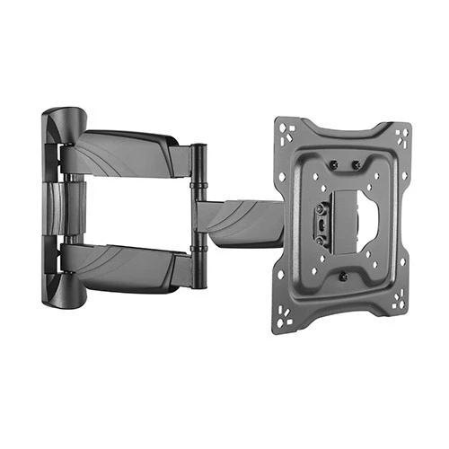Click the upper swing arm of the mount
click(126, 153)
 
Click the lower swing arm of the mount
click(126, 264)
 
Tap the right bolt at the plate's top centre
click(356, 164)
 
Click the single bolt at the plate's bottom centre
click(342, 276)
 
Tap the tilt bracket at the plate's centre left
click(321, 224)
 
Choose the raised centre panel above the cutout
click(346, 184)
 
